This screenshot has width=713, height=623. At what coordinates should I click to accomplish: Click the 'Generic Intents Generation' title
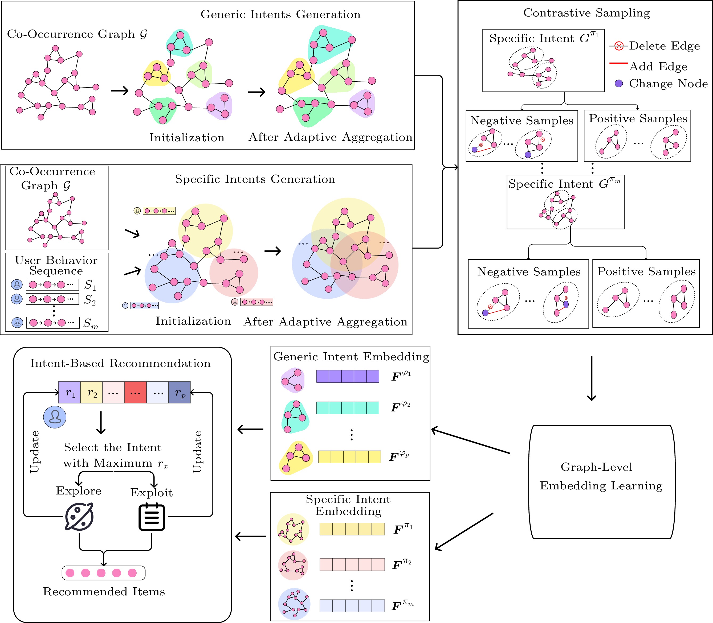pyautogui.click(x=280, y=15)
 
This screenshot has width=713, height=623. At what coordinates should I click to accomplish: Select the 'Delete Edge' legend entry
pyautogui.click(x=664, y=46)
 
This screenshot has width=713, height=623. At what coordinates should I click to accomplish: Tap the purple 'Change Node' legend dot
pyautogui.click(x=619, y=84)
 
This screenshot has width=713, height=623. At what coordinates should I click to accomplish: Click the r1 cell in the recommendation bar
pyautogui.click(x=70, y=393)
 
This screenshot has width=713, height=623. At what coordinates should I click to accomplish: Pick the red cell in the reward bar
pyautogui.click(x=135, y=393)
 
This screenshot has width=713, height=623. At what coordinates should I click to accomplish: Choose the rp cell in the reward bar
pyautogui.click(x=180, y=393)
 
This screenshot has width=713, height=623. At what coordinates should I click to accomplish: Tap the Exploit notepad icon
pyautogui.click(x=152, y=517)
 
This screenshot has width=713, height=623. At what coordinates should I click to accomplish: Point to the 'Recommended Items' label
pyautogui.click(x=104, y=592)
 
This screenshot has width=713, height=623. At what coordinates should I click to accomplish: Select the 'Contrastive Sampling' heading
pyautogui.click(x=586, y=13)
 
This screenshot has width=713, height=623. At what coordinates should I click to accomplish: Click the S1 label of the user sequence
pyautogui.click(x=90, y=285)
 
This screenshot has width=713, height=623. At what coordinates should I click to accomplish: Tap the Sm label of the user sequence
pyautogui.click(x=91, y=323)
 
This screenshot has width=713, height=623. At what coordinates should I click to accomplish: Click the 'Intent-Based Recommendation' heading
pyautogui.click(x=120, y=363)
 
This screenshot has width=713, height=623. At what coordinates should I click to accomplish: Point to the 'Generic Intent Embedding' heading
pyautogui.click(x=351, y=357)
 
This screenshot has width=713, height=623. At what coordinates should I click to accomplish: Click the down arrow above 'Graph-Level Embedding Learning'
pyautogui.click(x=591, y=379)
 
